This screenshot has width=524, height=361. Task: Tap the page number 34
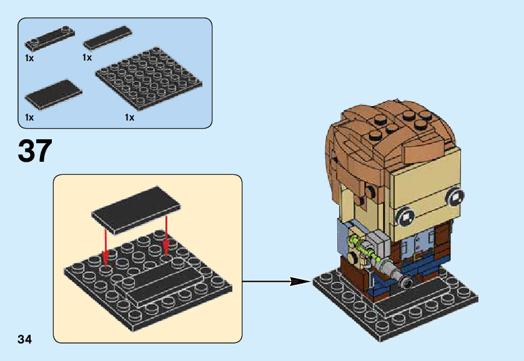pos(24,339)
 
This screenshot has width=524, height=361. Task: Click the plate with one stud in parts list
pos(50,37)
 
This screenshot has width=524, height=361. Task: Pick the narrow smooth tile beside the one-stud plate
pos(107,38)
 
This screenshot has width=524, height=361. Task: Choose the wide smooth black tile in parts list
pos(53,95)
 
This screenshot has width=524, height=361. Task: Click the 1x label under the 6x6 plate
pos(129,117)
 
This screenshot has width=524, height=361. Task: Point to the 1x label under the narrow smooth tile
pos(87,57)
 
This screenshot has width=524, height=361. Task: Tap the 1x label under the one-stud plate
pos(29,57)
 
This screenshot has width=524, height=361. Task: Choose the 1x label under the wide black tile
pos(29,117)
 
